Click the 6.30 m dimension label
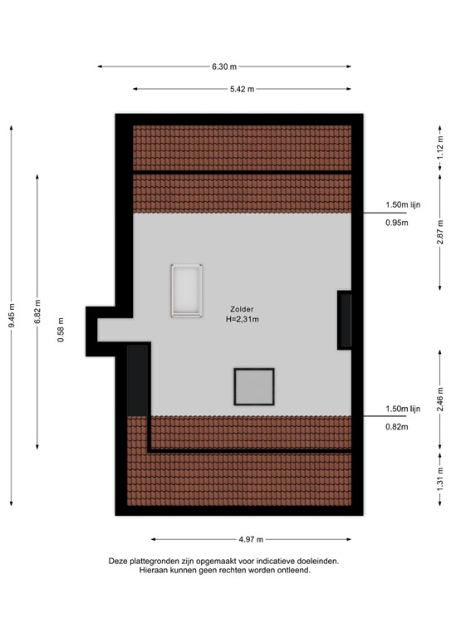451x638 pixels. coord(224,66)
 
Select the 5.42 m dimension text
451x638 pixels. coord(242,89)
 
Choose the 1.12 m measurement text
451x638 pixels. coord(439,148)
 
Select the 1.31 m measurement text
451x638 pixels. coord(439,482)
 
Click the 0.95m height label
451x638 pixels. coord(397,223)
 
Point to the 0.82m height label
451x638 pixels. coord(397,427)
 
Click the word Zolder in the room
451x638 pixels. coord(243,309)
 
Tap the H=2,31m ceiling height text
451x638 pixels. coord(243,319)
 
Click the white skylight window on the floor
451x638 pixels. coord(187,290)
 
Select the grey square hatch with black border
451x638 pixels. coord(254,387)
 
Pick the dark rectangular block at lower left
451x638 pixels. coord(138,380)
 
